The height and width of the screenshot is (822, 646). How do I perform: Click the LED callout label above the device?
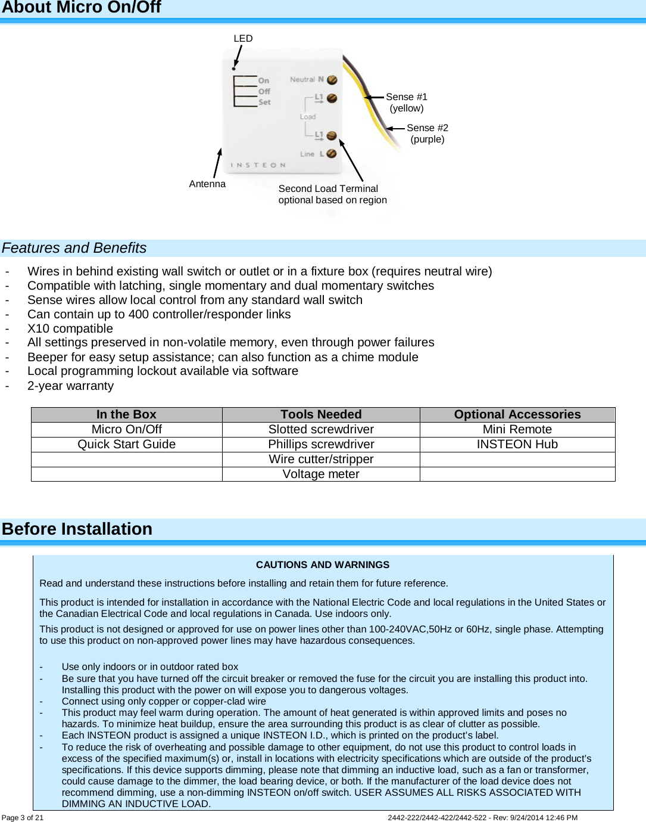[243, 39]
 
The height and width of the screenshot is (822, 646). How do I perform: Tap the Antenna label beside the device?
[207, 184]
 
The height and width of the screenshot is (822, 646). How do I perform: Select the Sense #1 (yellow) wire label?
[407, 103]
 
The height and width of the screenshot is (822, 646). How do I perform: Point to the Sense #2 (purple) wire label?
[427, 134]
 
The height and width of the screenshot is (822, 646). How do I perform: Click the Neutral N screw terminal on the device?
[332, 80]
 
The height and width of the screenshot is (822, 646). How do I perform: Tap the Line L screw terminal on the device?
[331, 154]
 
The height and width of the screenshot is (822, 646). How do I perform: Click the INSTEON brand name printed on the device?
[258, 165]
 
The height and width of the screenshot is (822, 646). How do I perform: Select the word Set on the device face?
[264, 103]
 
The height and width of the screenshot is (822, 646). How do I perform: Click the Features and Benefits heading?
[74, 248]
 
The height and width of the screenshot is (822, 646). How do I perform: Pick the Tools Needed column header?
[321, 415]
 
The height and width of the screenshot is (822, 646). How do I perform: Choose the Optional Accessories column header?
[517, 415]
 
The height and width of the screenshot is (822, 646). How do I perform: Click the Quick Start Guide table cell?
[126, 445]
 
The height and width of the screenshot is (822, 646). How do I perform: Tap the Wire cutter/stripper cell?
[321, 460]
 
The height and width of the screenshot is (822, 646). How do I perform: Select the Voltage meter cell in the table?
[321, 474]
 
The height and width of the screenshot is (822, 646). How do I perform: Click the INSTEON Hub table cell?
[517, 445]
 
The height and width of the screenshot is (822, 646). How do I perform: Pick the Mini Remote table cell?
[517, 430]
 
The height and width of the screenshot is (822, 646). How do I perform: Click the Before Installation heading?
[77, 529]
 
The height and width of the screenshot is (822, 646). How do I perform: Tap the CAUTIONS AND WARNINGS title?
[323, 565]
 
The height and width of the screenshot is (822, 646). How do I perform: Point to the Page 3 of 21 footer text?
[23, 818]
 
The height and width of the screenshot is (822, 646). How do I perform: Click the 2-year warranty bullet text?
[70, 386]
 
